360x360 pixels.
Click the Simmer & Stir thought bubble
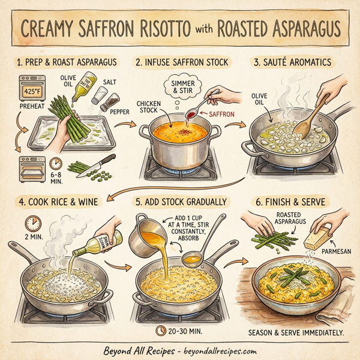click(178, 87)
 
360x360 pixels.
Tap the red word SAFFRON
click(222, 112)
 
